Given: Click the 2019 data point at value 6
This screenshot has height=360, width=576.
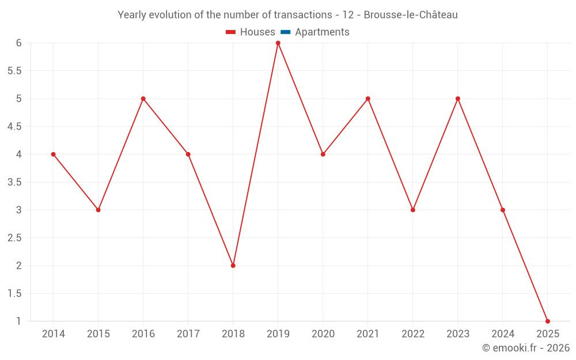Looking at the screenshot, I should point(278,43).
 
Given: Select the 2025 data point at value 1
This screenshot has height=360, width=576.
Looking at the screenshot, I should point(548,321).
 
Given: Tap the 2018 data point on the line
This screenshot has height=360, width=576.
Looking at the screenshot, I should point(233,266).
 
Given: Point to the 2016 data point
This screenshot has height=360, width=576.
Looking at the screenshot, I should point(143,98).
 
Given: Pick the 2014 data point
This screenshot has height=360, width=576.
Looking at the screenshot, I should point(54,154).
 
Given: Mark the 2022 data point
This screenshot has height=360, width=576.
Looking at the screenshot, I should point(413,210).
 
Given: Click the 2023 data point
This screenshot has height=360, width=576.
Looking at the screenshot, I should point(458,98).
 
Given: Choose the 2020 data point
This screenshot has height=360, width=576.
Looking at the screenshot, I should point(323,154).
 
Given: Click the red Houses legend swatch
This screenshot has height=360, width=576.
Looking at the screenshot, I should point(231,32).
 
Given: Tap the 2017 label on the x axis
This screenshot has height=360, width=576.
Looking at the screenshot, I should point(188,334).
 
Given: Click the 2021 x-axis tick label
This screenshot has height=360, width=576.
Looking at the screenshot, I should point(368,334).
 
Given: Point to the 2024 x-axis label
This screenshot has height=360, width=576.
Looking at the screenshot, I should point(503,334).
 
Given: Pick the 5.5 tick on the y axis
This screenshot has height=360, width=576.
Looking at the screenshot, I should point(14,71).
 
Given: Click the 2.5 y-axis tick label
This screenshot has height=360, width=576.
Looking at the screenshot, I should point(14,238).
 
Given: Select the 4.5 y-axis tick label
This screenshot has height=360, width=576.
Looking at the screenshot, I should point(14,127).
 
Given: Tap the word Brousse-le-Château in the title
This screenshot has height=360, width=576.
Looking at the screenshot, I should point(411,15).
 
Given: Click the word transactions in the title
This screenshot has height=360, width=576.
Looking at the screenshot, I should point(302,15).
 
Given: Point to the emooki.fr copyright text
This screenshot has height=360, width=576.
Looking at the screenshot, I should point(526,348).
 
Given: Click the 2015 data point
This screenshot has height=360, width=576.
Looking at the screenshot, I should point(98,210).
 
